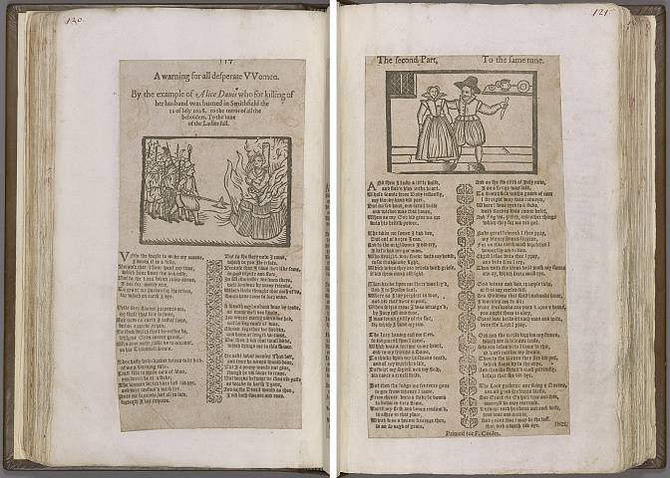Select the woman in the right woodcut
click(435, 124)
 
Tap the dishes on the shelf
click(505, 87)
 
